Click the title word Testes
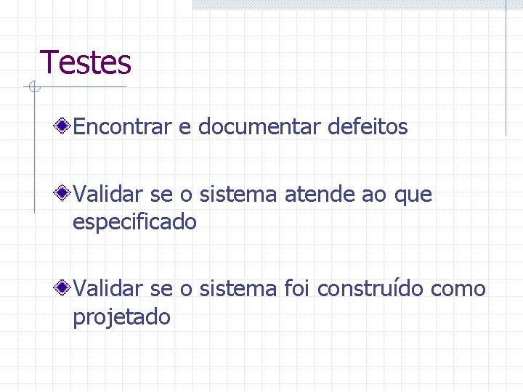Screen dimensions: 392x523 (86, 62)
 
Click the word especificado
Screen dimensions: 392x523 (134, 222)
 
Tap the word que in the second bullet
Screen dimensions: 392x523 (413, 195)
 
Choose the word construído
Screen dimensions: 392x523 (371, 289)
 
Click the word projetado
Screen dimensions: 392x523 (121, 317)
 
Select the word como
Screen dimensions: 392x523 (458, 289)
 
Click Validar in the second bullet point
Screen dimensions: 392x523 (109, 195)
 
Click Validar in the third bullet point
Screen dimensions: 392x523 (109, 289)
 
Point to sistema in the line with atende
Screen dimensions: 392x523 (238, 195)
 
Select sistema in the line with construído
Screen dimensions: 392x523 (238, 289)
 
